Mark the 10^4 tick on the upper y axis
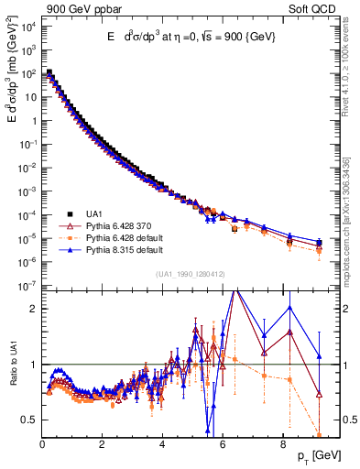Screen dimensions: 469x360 click(27, 25)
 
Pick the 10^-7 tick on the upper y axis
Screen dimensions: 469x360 click(27, 287)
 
